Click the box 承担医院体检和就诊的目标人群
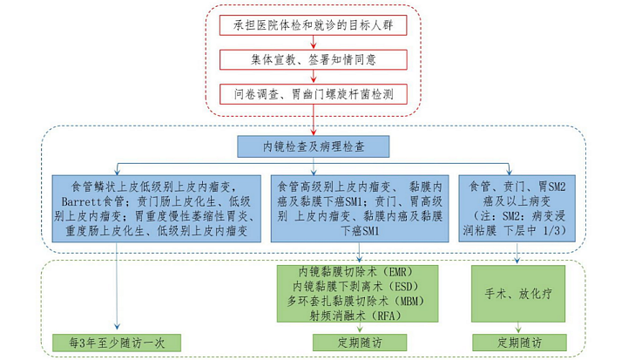314,25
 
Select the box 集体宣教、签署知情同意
314,60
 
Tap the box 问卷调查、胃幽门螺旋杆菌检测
314,94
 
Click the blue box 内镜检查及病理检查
314,146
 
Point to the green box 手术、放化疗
518,294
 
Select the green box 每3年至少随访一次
117,343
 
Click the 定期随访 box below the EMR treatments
360,343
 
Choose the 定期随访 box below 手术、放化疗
519,343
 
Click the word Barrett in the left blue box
82,201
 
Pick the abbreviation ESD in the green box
403,287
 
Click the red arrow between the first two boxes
314,43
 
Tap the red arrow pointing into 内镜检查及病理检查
314,120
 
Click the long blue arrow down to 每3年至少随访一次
117,286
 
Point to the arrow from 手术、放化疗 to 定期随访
518,328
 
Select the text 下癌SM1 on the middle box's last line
360,231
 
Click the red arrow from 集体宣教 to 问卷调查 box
314,77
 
